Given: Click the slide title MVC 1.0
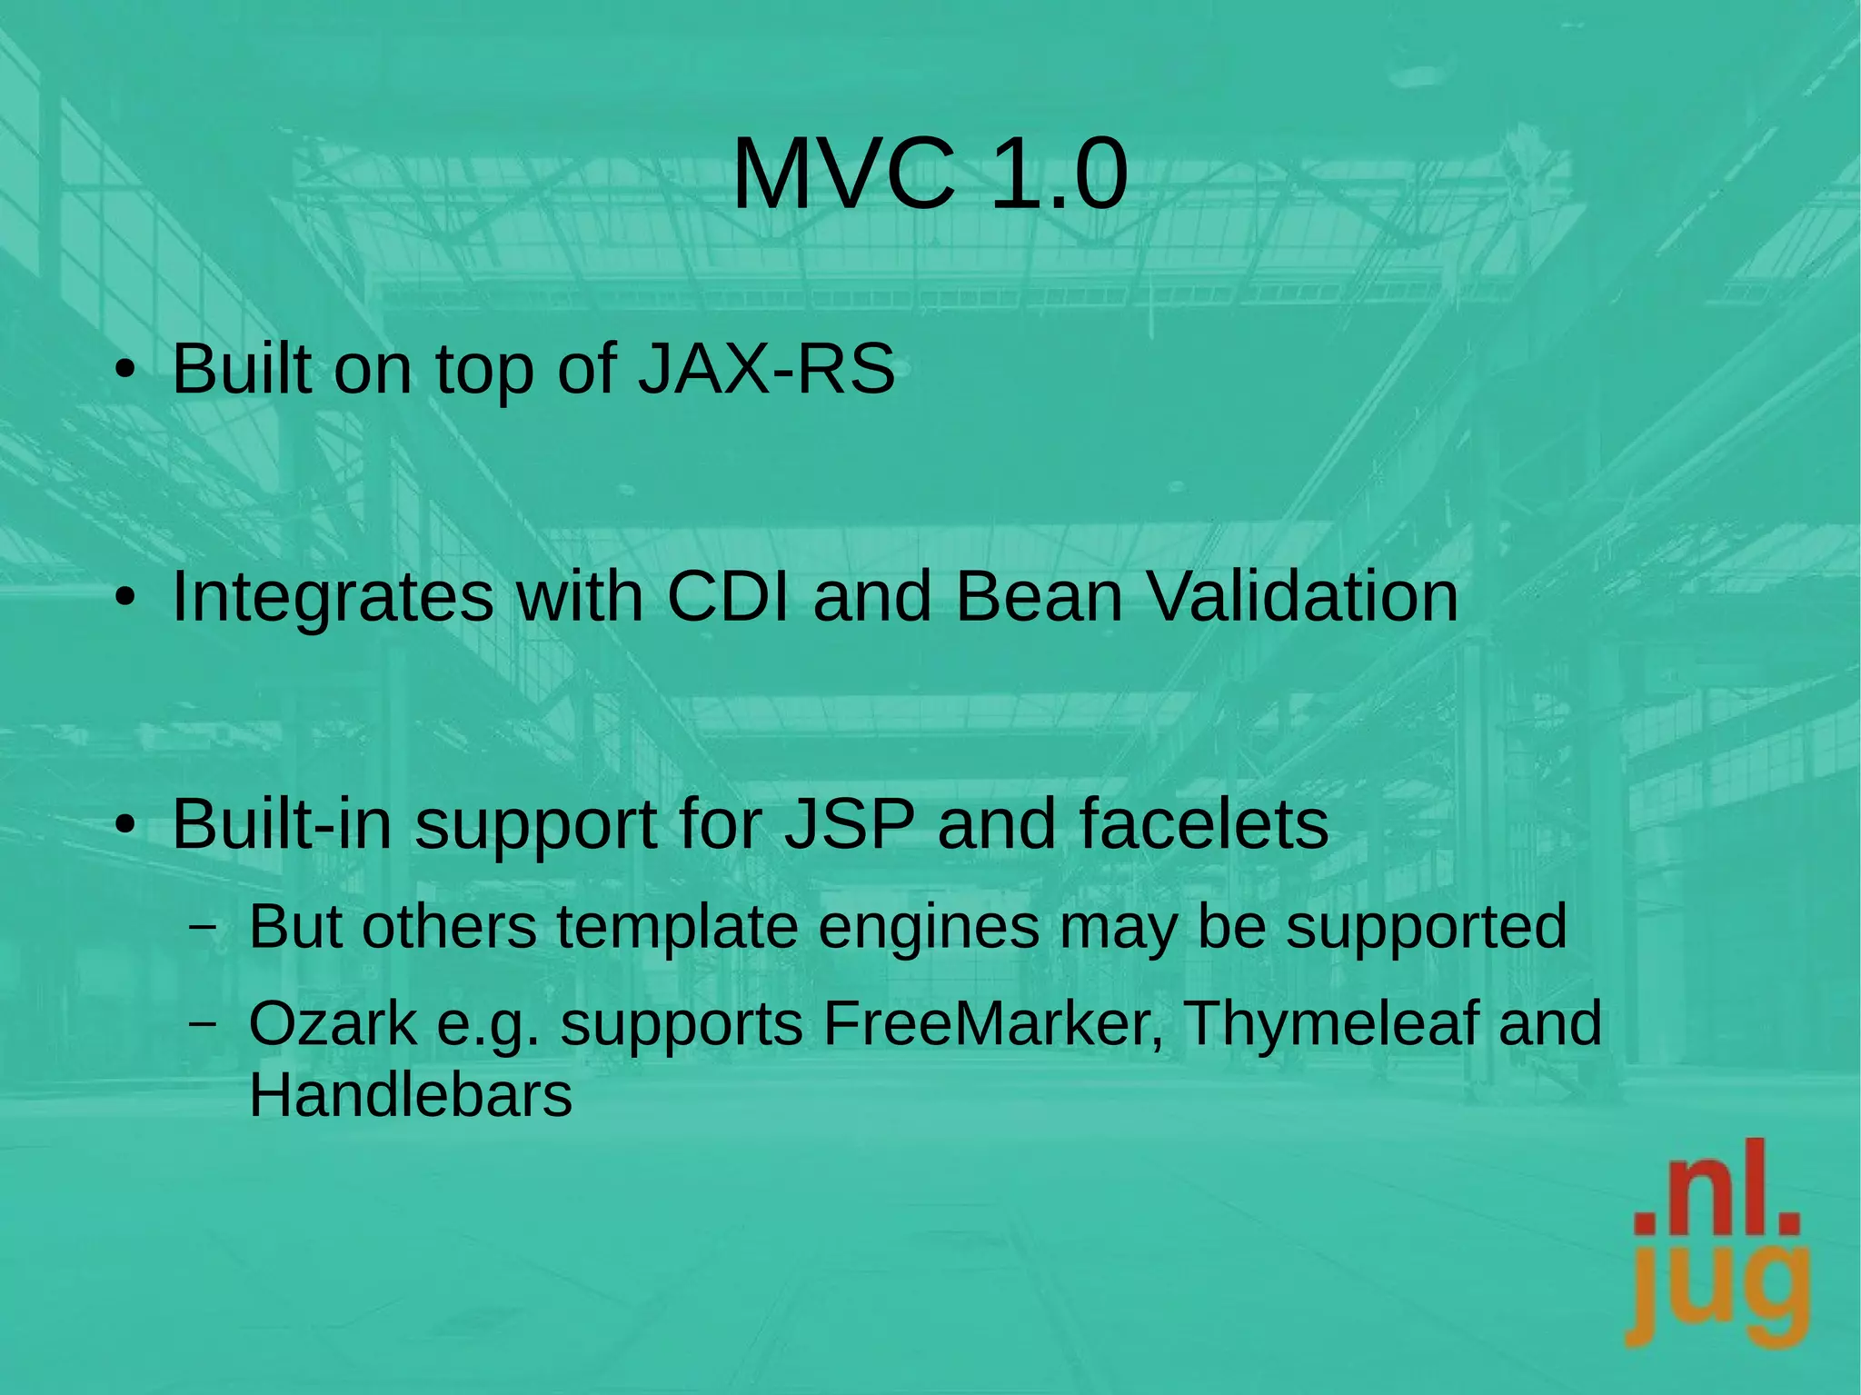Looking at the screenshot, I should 930,174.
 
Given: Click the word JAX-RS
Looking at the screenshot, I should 766,369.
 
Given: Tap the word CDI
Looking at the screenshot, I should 728,597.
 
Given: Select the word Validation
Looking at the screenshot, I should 1301,597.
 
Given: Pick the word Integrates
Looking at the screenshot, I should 333,597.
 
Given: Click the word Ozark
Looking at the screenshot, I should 332,1023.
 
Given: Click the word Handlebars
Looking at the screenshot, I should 411,1094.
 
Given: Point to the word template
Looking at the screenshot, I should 676,928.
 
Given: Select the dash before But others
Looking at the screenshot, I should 204,928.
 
